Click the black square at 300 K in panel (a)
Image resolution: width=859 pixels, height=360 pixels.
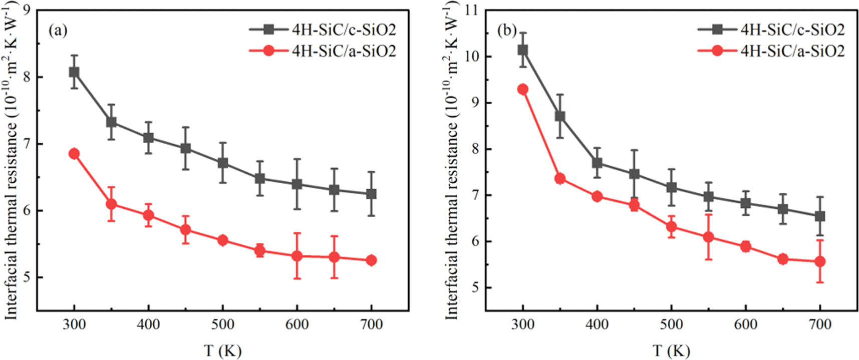(x=74, y=72)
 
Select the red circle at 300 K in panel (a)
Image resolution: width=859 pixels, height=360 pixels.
(x=74, y=154)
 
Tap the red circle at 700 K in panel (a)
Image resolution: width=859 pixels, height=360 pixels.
(x=371, y=260)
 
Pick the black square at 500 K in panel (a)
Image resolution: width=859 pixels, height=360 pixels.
(x=222, y=163)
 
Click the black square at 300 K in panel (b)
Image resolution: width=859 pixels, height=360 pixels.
(x=523, y=50)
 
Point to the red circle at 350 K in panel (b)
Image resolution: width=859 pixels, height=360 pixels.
(x=560, y=179)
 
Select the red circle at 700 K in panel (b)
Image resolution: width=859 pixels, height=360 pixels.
(x=820, y=261)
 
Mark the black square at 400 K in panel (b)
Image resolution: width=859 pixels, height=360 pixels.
(x=597, y=163)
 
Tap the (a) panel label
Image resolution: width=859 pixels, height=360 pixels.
(x=58, y=31)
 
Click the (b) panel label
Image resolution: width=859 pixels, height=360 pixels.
(x=506, y=31)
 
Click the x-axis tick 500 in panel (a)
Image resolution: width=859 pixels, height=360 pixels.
(x=222, y=324)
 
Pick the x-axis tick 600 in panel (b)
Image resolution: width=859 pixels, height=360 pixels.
(x=745, y=324)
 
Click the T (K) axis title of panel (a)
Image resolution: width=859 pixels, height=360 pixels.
(x=222, y=350)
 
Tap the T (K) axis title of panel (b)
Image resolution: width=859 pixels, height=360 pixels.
(x=671, y=350)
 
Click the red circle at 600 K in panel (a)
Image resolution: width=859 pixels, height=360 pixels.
(x=297, y=256)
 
